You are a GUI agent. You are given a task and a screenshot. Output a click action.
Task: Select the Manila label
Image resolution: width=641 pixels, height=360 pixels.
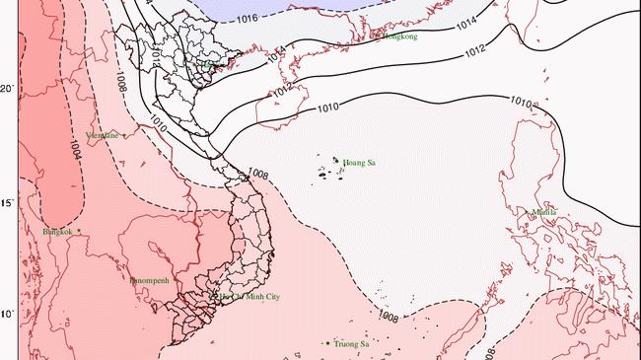coord(543,212)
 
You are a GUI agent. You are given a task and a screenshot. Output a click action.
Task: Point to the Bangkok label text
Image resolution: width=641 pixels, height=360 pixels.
coord(58,232)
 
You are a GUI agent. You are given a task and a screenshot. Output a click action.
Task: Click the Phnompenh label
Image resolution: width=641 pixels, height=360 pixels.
coord(150,280)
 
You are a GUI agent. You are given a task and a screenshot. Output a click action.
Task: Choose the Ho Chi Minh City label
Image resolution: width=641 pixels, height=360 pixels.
coord(250,297)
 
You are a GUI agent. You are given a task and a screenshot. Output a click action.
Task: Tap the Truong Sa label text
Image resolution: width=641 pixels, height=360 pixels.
coord(351,344)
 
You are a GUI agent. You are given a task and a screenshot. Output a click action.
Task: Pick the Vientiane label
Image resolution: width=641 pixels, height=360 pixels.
coord(103,135)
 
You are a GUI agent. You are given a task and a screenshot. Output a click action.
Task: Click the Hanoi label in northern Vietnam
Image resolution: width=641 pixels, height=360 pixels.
coord(211,64)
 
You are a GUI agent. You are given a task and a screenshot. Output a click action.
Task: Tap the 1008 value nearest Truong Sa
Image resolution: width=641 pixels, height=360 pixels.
coord(388,318)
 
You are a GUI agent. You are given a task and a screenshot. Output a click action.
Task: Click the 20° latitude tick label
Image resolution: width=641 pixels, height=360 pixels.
coord(7,90)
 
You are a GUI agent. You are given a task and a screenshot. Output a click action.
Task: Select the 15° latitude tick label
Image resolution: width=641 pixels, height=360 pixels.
coord(7,203)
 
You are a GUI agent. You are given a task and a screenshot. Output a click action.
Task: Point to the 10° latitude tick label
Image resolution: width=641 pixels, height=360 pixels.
coord(7,315)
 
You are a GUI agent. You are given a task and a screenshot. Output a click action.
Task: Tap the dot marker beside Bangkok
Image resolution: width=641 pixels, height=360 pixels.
coord(79,232)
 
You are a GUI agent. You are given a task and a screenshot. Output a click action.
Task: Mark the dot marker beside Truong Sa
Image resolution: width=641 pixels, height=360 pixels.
coord(327,343)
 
